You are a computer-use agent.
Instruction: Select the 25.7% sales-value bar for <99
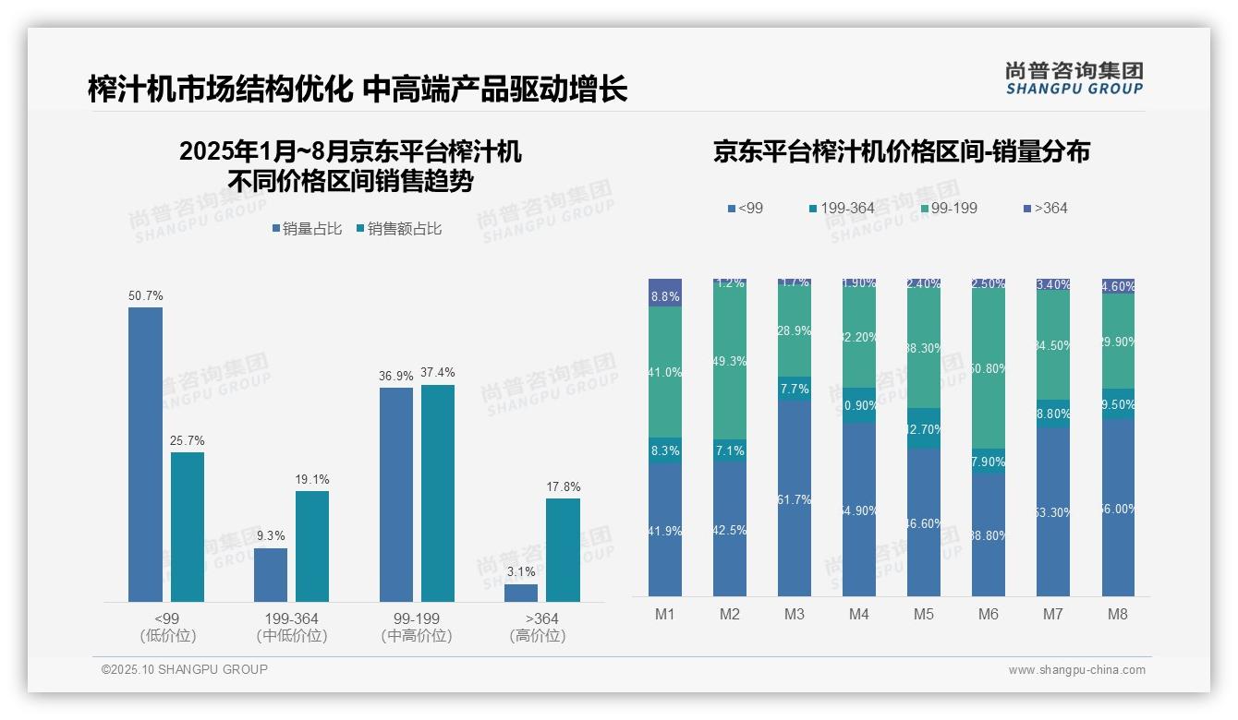pos(188,527)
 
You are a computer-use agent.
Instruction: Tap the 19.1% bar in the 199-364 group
pos(312,546)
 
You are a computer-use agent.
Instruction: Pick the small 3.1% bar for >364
pos(521,593)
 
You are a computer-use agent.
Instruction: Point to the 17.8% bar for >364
pos(563,550)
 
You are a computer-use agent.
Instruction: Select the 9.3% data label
pos(271,535)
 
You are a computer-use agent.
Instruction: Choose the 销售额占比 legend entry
pos(399,229)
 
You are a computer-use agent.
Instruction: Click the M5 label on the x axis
pos(924,614)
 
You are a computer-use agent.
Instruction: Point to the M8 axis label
pos(1118,614)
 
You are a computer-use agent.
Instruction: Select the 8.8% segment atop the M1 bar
pos(665,293)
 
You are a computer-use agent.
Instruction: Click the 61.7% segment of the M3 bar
pos(795,498)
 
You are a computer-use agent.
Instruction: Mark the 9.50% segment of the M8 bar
pos(1118,403)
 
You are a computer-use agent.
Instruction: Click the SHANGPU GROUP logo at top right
pos(1074,78)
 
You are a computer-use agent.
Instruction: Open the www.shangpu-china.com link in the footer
pos(1076,670)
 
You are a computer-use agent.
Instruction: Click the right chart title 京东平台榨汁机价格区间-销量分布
pos(901,152)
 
